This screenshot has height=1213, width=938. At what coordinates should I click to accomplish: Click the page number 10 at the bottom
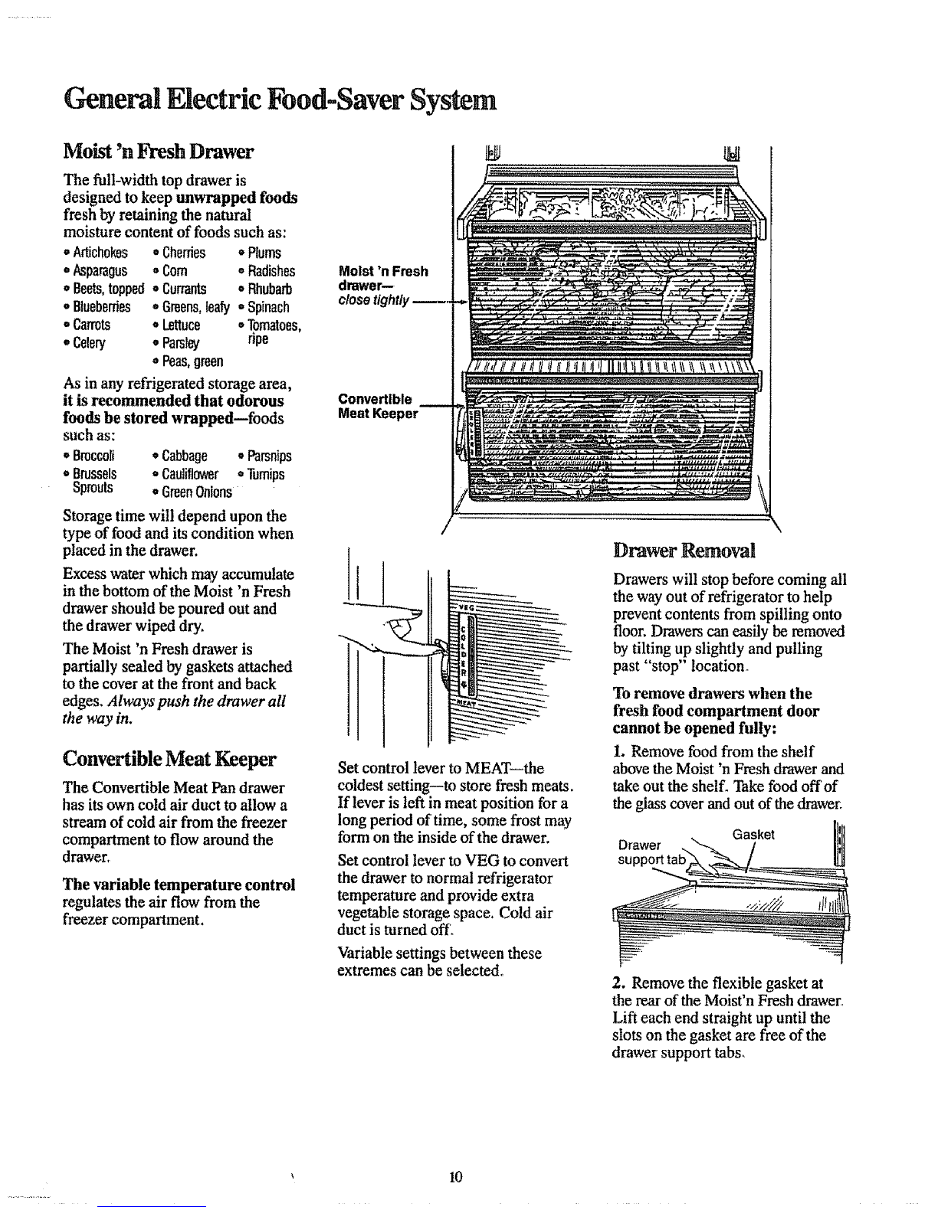(x=456, y=1176)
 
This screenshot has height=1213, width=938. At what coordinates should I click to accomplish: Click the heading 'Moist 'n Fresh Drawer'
(x=158, y=152)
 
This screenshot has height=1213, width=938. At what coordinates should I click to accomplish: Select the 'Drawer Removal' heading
(x=684, y=551)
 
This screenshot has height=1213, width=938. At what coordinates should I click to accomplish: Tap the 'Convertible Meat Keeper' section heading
(x=169, y=759)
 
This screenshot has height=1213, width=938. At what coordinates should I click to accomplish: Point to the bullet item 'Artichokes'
(x=96, y=253)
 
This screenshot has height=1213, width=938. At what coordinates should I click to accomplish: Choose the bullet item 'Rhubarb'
(x=265, y=289)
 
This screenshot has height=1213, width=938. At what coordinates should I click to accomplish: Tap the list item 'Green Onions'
(x=192, y=492)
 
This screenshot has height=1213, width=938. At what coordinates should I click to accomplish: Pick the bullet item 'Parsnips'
(x=265, y=456)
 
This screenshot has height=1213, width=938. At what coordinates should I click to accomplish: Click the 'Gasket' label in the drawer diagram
(x=753, y=835)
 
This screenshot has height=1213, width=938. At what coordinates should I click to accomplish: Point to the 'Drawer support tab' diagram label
(x=651, y=852)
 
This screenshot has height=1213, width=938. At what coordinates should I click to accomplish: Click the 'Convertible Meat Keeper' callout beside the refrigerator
(x=378, y=407)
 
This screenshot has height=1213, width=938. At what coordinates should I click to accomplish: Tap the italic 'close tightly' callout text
(x=374, y=300)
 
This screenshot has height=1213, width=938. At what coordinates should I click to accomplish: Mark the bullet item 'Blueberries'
(x=97, y=307)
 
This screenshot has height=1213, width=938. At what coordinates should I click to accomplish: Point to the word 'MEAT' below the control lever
(x=467, y=702)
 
